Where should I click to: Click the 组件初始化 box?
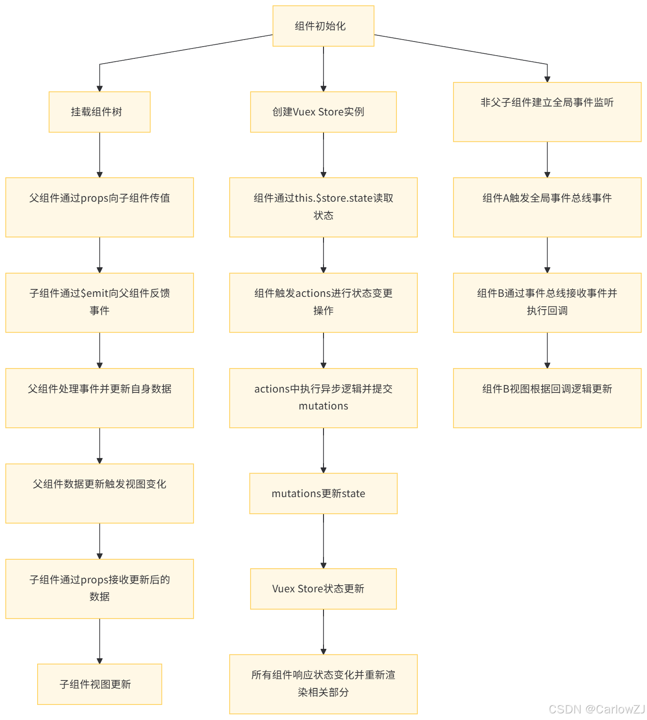coord(323,26)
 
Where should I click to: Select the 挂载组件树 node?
coord(99,112)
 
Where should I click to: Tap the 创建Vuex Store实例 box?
coord(323,112)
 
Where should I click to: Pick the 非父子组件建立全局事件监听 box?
coord(547,112)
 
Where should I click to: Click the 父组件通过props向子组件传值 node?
coord(99,207)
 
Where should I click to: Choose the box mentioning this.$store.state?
coord(323,207)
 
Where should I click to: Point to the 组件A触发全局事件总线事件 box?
coord(547,207)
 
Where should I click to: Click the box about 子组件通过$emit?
coord(99,302)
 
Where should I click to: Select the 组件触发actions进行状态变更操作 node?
coord(323,302)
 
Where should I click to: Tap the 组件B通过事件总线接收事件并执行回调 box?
coord(547,302)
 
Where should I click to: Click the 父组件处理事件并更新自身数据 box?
coord(99,398)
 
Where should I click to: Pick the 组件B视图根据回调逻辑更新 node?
coord(547,398)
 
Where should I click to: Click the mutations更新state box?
coord(323,493)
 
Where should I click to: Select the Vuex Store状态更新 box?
coord(323,589)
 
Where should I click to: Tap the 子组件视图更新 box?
coord(99,684)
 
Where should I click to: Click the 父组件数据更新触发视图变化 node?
coord(99,493)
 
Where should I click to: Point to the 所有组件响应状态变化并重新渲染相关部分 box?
coord(323,684)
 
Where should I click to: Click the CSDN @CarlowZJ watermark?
coord(596,709)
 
